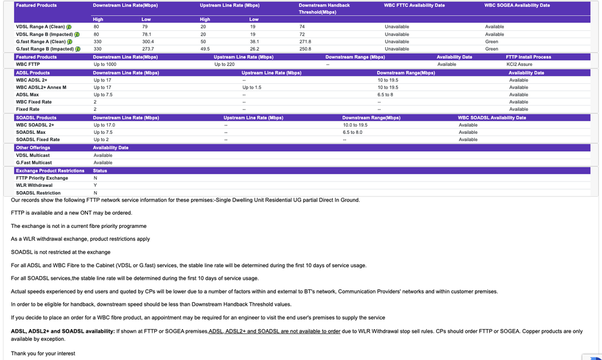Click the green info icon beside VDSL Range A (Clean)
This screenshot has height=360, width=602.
(69, 27)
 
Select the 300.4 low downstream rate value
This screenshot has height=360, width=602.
(149, 42)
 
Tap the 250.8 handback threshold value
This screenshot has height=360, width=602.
(305, 49)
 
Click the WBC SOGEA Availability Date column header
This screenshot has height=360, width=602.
(517, 5)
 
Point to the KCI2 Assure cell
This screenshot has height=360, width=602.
(519, 64)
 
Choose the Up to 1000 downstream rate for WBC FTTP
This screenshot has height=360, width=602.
(105, 64)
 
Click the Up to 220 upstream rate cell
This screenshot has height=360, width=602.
(224, 64)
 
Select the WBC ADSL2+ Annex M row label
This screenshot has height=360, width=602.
(41, 87)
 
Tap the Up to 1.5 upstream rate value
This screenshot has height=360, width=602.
(252, 87)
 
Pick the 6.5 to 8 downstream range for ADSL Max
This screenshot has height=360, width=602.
(385, 95)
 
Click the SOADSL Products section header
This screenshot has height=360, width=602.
(36, 118)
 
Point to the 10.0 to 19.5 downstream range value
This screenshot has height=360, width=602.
(355, 125)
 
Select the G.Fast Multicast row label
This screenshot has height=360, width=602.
(34, 163)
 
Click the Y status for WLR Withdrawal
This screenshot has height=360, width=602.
(95, 185)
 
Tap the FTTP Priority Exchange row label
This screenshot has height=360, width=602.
(42, 178)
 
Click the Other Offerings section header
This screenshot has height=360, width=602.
(33, 148)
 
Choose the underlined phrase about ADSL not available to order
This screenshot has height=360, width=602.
(274, 331)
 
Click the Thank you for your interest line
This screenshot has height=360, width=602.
(43, 353)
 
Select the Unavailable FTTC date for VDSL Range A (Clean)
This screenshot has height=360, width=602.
(397, 27)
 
